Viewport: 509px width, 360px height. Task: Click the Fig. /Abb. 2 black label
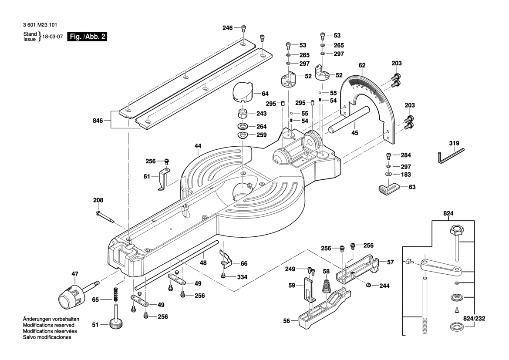tap(87, 37)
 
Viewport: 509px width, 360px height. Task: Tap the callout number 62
tap(362, 66)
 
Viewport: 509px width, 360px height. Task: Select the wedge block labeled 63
tap(388, 189)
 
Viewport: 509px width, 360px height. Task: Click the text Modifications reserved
tap(48, 325)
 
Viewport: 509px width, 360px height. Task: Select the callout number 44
tap(198, 146)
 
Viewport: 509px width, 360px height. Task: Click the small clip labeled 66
tap(226, 259)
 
